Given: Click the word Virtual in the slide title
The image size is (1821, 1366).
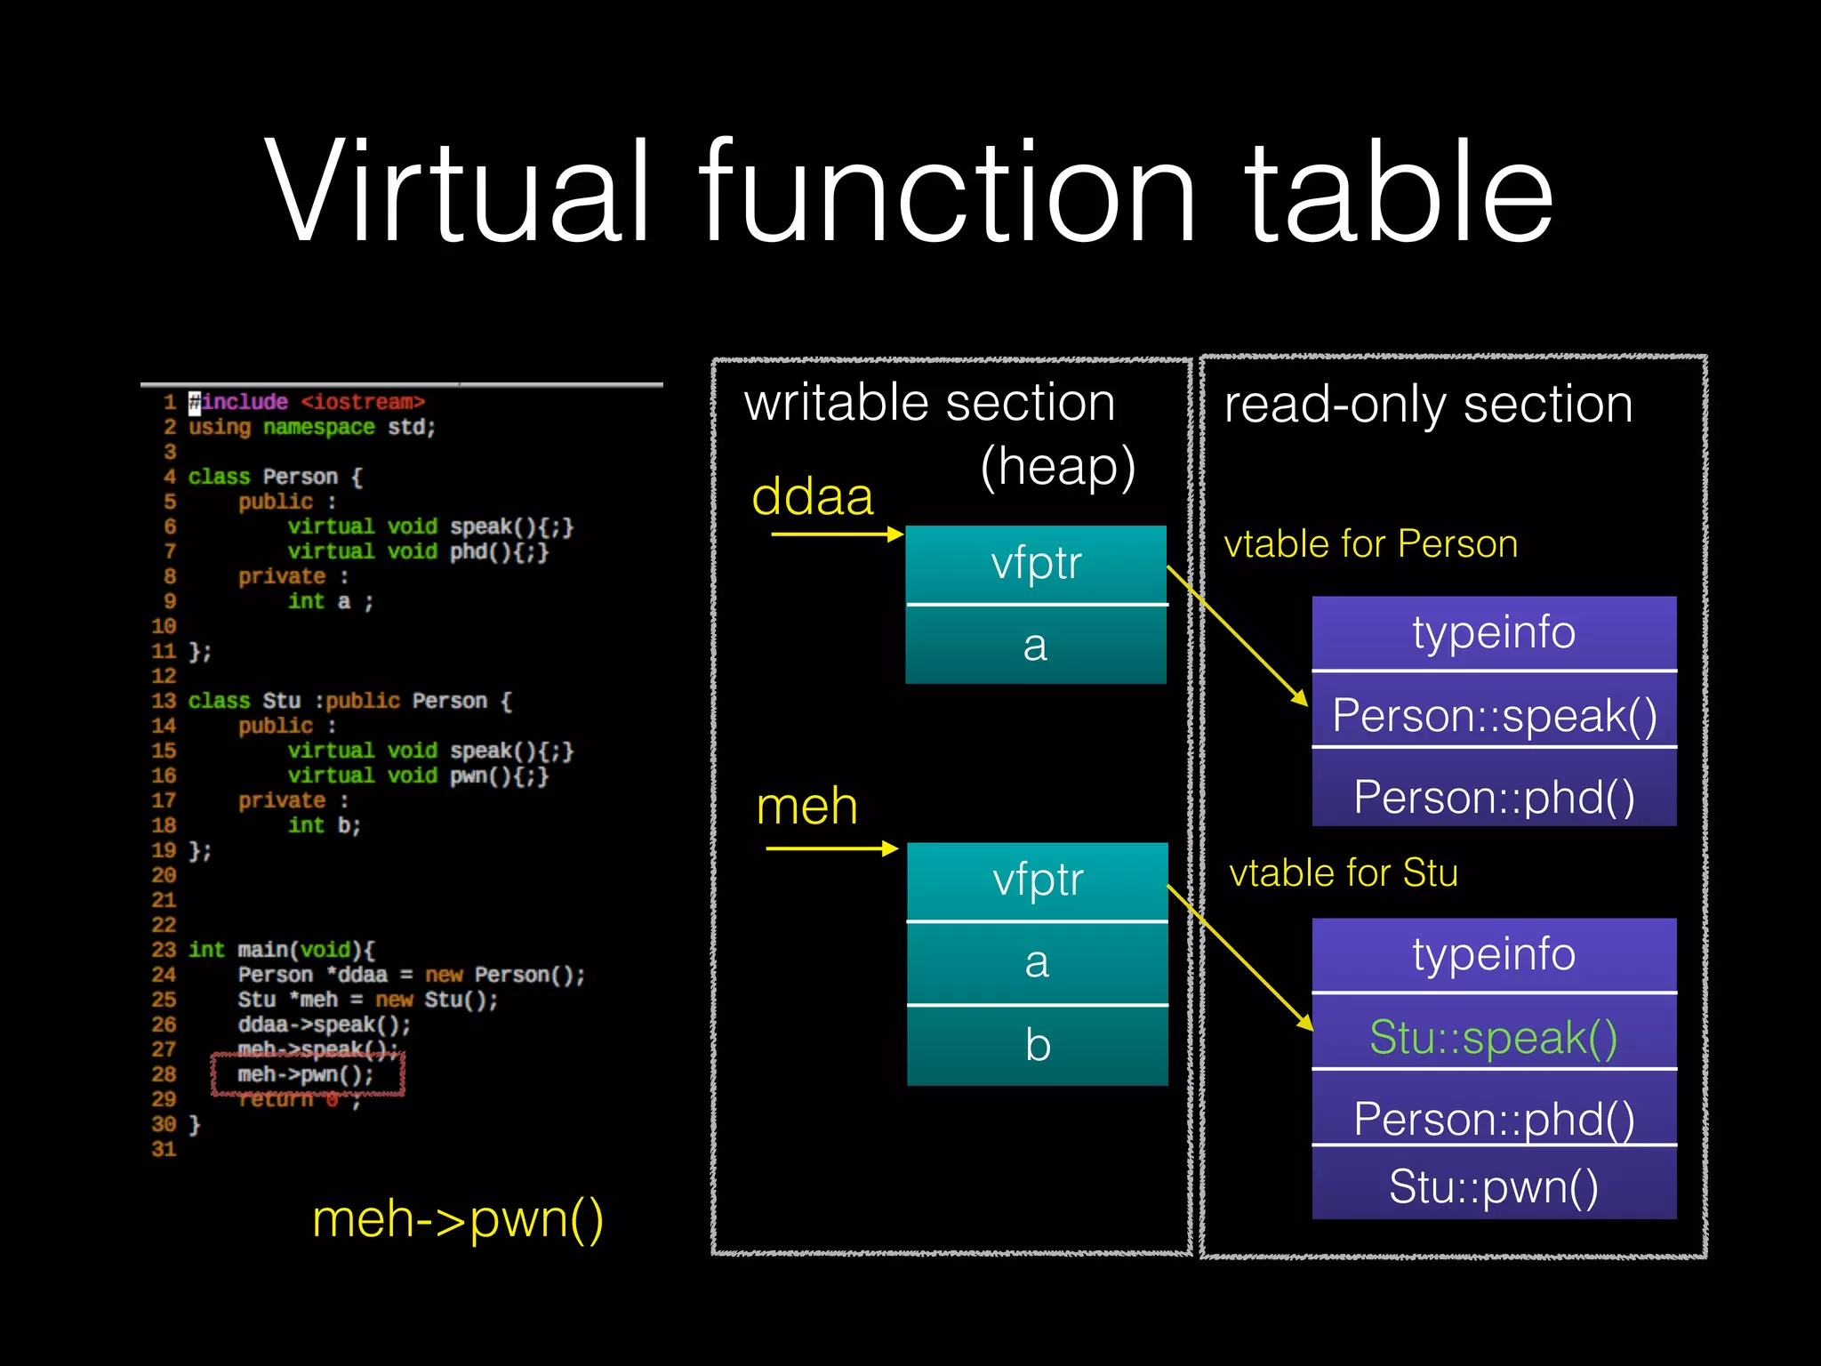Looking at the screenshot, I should [458, 191].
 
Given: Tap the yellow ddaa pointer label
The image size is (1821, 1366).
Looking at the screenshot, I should [813, 496].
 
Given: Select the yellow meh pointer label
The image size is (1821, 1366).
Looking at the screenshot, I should [806, 807].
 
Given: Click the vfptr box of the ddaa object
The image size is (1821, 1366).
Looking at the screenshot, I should [1036, 564].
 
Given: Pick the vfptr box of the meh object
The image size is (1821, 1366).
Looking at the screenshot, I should [1038, 880].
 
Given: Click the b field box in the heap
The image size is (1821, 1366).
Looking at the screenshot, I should [1038, 1045].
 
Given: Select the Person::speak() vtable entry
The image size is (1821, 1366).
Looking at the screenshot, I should [1494, 715].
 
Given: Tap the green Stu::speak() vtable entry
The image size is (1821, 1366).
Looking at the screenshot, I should [1494, 1037].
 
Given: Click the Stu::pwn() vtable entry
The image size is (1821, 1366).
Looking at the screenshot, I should [1494, 1186].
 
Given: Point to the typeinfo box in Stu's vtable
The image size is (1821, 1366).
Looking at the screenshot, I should [1494, 954].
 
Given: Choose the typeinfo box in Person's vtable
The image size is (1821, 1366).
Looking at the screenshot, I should [1494, 632].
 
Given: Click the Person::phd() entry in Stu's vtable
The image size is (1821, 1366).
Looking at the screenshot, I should [1494, 1118].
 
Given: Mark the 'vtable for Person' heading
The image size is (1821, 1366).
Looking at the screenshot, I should [1370, 543].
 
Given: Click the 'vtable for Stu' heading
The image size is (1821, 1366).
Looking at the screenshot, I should [1343, 872].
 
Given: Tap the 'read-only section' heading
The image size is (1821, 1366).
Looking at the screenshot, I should [1428, 405].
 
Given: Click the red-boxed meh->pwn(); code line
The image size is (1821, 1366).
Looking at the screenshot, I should [307, 1074].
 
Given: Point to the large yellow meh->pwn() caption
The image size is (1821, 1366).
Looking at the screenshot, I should [458, 1218].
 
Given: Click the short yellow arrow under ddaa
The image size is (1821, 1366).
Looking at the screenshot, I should [837, 534].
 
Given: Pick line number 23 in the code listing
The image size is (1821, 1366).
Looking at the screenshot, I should [164, 950].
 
